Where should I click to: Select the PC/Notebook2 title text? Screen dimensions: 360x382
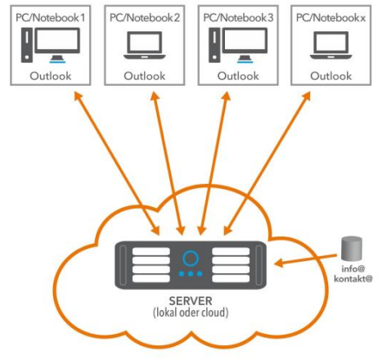tap(147, 16)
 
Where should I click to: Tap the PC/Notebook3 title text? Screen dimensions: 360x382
tap(241, 16)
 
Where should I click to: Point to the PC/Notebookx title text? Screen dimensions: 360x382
tap(335, 16)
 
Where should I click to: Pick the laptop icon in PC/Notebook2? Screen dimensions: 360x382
tap(147, 48)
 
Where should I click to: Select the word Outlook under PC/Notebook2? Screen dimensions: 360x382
tap(147, 75)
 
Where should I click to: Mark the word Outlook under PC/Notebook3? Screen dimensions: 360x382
tap(241, 75)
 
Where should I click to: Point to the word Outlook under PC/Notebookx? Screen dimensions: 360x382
tap(335, 75)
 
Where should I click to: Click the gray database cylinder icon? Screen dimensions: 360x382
tap(352, 247)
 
